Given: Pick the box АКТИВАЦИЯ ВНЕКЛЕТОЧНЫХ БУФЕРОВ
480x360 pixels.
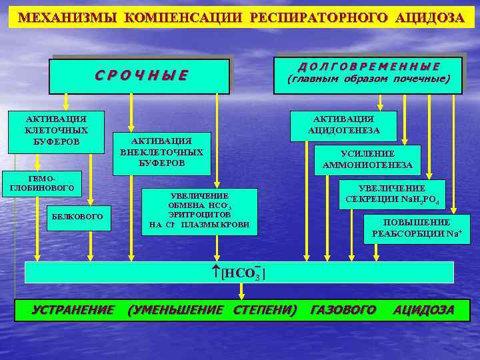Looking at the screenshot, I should pyautogui.click(x=161, y=152).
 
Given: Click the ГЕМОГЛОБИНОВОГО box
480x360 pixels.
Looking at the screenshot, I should pyautogui.click(x=41, y=185).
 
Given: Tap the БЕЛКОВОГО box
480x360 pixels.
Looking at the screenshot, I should pyautogui.click(x=79, y=217).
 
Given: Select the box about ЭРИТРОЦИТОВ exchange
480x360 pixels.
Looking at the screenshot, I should pyautogui.click(x=199, y=210).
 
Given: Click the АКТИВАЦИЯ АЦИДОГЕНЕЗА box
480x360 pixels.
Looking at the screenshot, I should pyautogui.click(x=344, y=125).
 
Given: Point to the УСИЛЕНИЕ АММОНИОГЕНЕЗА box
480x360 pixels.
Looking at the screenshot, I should pyautogui.click(x=367, y=159).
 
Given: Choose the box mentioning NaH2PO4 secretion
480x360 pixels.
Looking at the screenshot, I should pyautogui.click(x=391, y=194).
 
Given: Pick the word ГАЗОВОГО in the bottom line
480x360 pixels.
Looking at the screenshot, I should pyautogui.click(x=343, y=310).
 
